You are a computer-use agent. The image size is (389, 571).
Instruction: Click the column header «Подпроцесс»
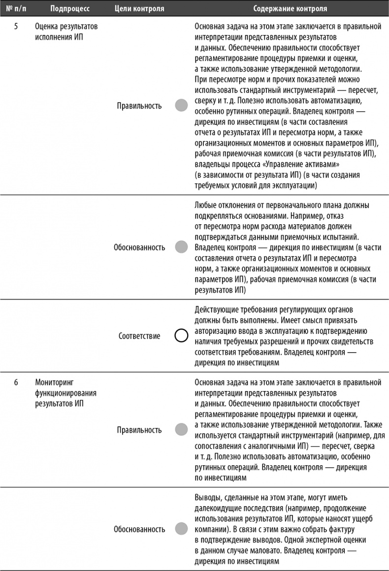coord(69,9)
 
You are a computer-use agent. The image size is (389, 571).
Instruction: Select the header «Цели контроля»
coord(139,9)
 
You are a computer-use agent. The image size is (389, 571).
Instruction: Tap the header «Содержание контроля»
coord(290,9)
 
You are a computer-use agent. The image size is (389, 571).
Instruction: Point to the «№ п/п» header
coord(16,9)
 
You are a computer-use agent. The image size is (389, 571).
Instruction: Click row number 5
coord(16,27)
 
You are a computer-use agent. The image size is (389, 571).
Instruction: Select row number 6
coord(16,382)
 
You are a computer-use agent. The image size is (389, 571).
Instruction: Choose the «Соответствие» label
coord(139,336)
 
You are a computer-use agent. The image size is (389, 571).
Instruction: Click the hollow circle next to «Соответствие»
coord(181,336)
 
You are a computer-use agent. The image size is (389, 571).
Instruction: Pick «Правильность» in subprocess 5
coord(139,106)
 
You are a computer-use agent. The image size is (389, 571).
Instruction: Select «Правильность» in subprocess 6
coord(139,430)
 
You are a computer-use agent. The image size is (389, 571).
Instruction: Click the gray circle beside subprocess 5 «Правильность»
coord(181,105)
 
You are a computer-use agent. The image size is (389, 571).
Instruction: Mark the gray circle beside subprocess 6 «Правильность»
coord(181,429)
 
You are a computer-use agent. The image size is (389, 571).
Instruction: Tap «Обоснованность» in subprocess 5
coord(139,247)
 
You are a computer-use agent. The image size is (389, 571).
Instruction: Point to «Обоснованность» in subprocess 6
coord(139,529)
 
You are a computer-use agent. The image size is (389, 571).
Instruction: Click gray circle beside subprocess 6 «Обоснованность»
coord(181,529)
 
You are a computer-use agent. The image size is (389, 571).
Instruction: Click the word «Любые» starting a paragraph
coord(206,205)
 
